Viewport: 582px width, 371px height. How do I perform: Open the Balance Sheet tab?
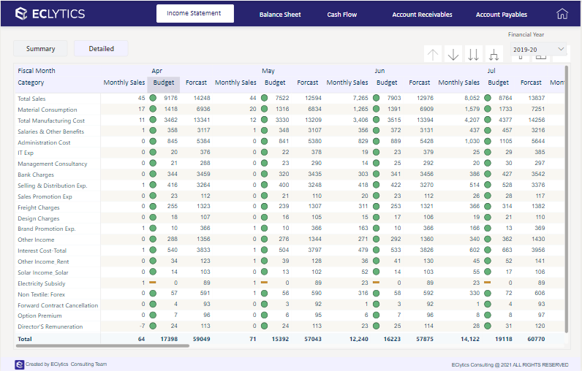click(281, 15)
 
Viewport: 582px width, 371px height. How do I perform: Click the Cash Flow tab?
click(342, 15)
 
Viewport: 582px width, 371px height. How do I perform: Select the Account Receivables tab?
click(422, 15)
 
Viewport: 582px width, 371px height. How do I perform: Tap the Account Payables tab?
click(502, 15)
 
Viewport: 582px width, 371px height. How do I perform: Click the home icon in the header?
click(562, 14)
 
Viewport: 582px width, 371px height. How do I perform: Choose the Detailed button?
click(101, 49)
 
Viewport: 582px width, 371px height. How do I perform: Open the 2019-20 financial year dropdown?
click(539, 50)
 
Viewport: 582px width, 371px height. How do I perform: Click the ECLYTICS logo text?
click(50, 14)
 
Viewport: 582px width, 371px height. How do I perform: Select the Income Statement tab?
click(194, 14)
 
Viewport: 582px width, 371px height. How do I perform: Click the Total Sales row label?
click(31, 99)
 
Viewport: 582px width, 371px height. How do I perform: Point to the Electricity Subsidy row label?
click(41, 283)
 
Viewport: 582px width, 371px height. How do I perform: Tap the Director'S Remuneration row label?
click(50, 326)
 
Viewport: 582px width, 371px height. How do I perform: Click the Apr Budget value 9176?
click(170, 98)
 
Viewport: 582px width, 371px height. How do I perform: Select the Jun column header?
click(379, 71)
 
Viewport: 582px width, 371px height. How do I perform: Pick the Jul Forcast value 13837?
click(536, 98)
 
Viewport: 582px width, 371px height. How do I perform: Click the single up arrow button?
click(433, 55)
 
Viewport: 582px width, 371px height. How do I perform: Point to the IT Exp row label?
click(26, 153)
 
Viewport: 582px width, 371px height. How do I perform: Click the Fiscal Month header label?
click(37, 71)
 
